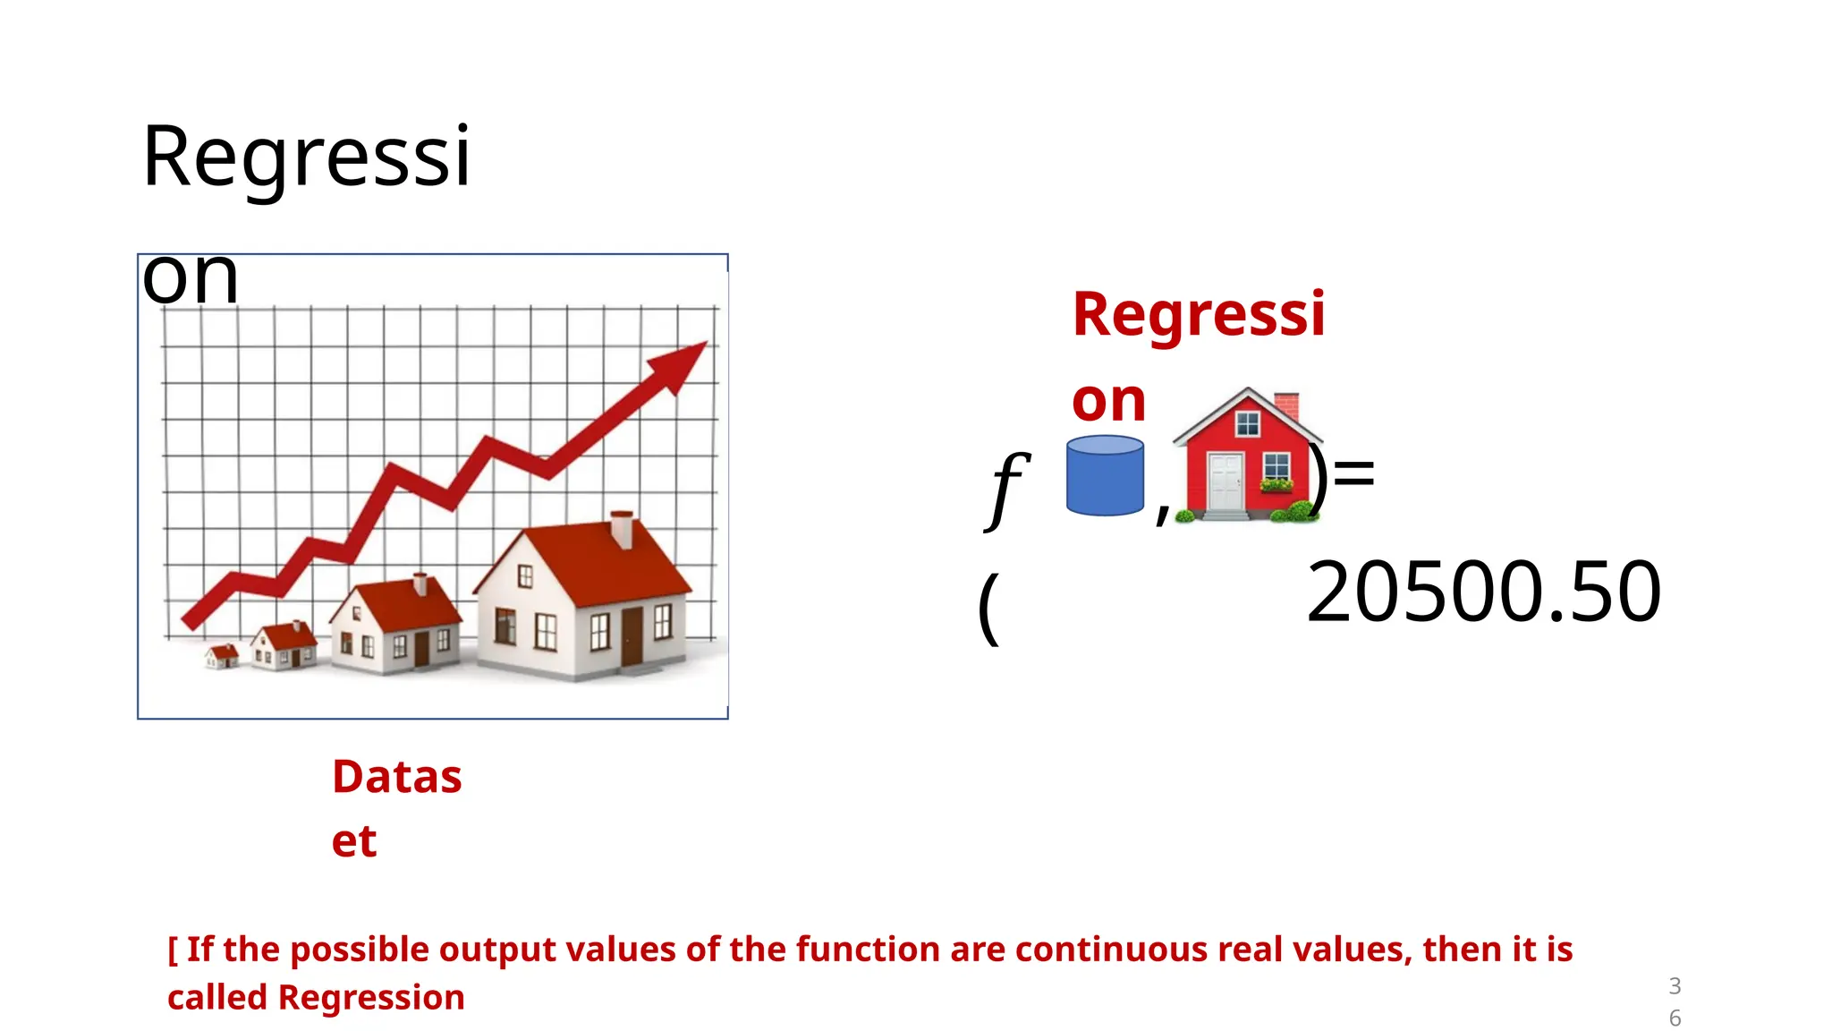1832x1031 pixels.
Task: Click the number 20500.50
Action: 1483,592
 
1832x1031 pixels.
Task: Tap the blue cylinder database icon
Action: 1105,475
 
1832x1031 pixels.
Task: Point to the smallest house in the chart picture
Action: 222,656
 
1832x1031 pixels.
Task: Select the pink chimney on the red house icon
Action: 1285,405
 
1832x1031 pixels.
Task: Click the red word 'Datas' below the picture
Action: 397,777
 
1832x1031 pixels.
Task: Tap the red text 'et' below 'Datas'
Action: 354,841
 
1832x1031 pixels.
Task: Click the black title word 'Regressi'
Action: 306,157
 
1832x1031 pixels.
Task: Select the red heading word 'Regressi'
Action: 1199,314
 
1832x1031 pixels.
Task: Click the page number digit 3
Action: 1675,986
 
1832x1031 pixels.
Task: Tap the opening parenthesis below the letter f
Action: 988,609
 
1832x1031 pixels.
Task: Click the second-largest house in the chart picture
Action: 395,625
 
